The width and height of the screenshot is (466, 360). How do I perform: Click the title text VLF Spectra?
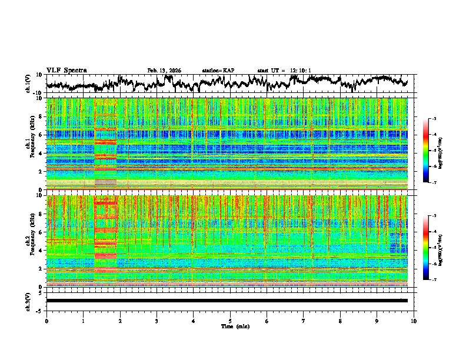tap(66, 71)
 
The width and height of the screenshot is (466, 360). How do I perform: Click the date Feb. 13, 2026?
tap(164, 71)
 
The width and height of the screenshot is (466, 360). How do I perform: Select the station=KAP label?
tap(218, 71)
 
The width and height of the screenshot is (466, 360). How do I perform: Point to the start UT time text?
tap(284, 71)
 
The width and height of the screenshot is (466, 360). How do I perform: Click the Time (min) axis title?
tap(229, 326)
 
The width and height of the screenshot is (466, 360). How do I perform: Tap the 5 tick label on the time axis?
tap(230, 321)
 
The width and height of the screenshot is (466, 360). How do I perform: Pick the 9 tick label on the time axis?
tap(377, 321)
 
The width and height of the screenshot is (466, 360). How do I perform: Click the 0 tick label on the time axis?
tap(46, 321)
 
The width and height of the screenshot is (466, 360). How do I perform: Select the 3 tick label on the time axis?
tap(157, 321)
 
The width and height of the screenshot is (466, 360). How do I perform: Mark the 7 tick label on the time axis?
tap(304, 321)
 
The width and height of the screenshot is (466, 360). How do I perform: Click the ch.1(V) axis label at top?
tap(28, 84)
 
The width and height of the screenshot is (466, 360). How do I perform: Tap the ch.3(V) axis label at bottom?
tap(28, 301)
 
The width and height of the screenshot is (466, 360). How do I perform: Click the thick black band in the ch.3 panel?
tap(227, 301)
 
